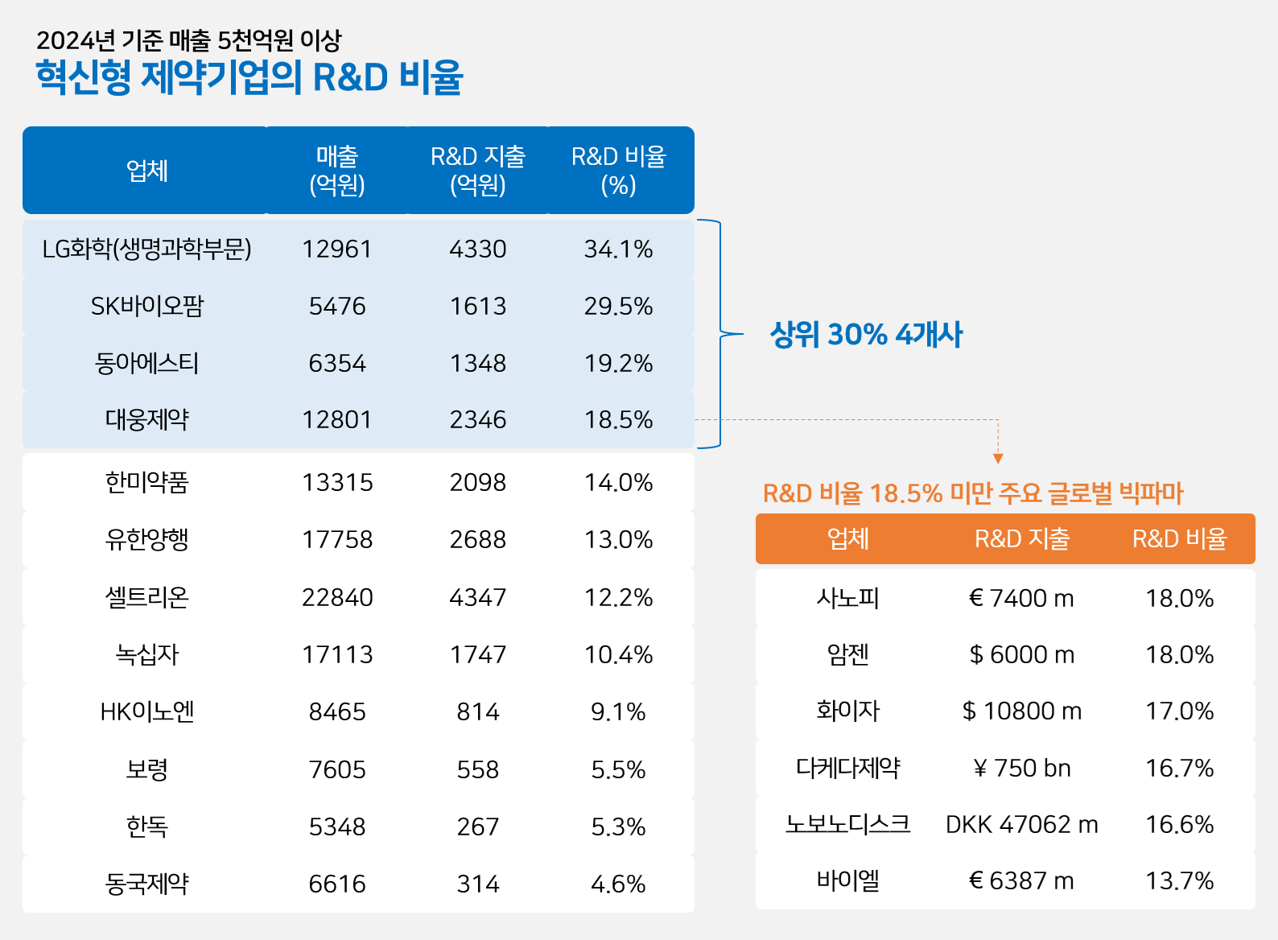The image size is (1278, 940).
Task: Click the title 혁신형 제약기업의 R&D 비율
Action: [x=249, y=78]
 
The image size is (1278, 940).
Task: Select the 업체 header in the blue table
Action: [x=147, y=171]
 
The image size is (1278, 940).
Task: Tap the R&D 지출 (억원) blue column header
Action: [x=478, y=171]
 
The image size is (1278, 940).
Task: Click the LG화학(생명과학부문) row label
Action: [x=147, y=249]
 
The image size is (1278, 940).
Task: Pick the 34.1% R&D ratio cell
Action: [x=618, y=249]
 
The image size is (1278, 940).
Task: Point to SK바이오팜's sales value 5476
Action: [x=337, y=307]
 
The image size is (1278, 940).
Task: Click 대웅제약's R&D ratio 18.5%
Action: [x=618, y=420]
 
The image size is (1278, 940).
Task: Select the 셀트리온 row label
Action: [x=147, y=598]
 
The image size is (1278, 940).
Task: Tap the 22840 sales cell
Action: [x=337, y=598]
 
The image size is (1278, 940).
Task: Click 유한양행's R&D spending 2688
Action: [x=478, y=540]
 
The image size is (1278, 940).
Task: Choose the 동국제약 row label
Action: [x=147, y=884]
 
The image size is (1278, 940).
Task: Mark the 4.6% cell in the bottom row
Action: [x=618, y=884]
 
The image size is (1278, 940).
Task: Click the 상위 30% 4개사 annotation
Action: [x=866, y=335]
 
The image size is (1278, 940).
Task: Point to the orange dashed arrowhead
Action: [x=998, y=459]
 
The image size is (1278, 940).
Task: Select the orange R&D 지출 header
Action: [x=1022, y=539]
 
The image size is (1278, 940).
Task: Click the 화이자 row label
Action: [x=848, y=711]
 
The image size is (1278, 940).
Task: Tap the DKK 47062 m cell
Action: [x=1022, y=825]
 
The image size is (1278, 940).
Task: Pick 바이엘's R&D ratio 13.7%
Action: [x=1179, y=881]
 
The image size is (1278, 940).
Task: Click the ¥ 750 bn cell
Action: [x=1022, y=769]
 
